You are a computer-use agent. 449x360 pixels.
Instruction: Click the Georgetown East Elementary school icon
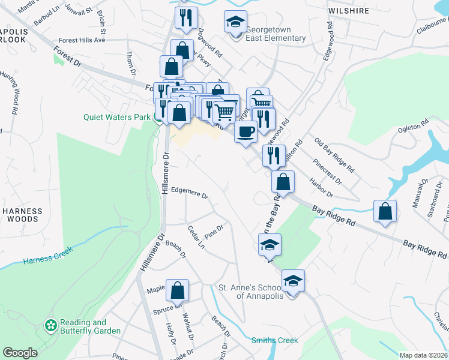(235, 22)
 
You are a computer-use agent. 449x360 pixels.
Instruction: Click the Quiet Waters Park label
(116, 118)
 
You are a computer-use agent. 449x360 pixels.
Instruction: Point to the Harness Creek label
(47, 260)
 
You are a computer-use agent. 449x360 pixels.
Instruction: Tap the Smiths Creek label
(274, 340)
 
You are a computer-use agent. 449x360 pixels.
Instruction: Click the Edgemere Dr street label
(189, 194)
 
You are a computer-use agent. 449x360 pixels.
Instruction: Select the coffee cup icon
(245, 131)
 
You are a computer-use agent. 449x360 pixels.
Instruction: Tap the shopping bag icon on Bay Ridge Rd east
(384, 211)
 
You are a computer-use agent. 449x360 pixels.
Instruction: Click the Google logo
(20, 352)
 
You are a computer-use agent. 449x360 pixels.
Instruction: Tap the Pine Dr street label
(214, 230)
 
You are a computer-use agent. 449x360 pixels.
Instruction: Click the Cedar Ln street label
(196, 237)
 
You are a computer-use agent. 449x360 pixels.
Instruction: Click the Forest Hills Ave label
(78, 40)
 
